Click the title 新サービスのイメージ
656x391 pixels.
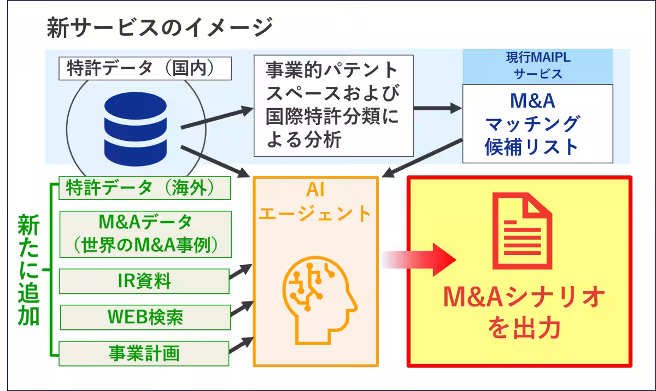159,27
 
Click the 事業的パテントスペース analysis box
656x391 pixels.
333,105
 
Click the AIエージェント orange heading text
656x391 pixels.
315,203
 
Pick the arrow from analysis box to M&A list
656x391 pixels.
437,108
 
